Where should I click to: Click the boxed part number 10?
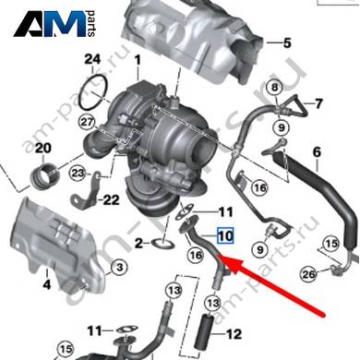pos(225,235)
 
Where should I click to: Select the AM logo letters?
pos(50,24)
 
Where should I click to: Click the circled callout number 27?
pos(87,123)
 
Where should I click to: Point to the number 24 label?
pos(92,59)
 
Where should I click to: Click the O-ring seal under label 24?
pos(93,91)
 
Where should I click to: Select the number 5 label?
pos(287,43)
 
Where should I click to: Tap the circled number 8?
pos(274,88)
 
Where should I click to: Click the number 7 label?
pos(318,103)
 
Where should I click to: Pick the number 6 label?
pos(317,152)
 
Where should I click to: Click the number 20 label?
pos(43,149)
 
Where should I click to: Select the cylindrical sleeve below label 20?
pos(44,176)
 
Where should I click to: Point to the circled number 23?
pos(78,174)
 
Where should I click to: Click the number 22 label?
pos(111,200)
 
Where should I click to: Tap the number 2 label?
pos(139,244)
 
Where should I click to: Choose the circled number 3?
pos(120,267)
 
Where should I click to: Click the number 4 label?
pos(47,284)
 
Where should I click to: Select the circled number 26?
pos(308,274)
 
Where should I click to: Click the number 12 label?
pos(234,334)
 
